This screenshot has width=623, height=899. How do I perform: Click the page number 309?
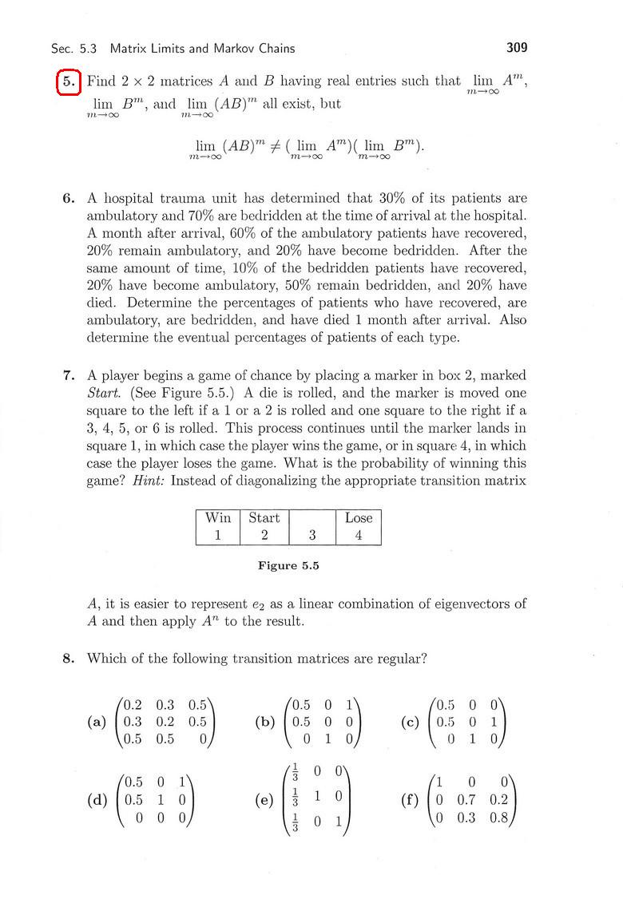pos(517,48)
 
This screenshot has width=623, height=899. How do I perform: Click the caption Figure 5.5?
pos(288,566)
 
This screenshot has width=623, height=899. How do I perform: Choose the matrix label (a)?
pos(97,722)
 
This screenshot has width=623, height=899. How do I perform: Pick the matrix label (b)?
pos(264,722)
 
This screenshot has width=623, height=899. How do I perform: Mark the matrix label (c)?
pos(411,722)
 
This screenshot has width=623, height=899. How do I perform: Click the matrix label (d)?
pos(97,798)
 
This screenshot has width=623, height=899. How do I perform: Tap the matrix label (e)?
pos(264,800)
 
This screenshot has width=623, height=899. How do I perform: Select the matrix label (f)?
pos(411,798)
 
